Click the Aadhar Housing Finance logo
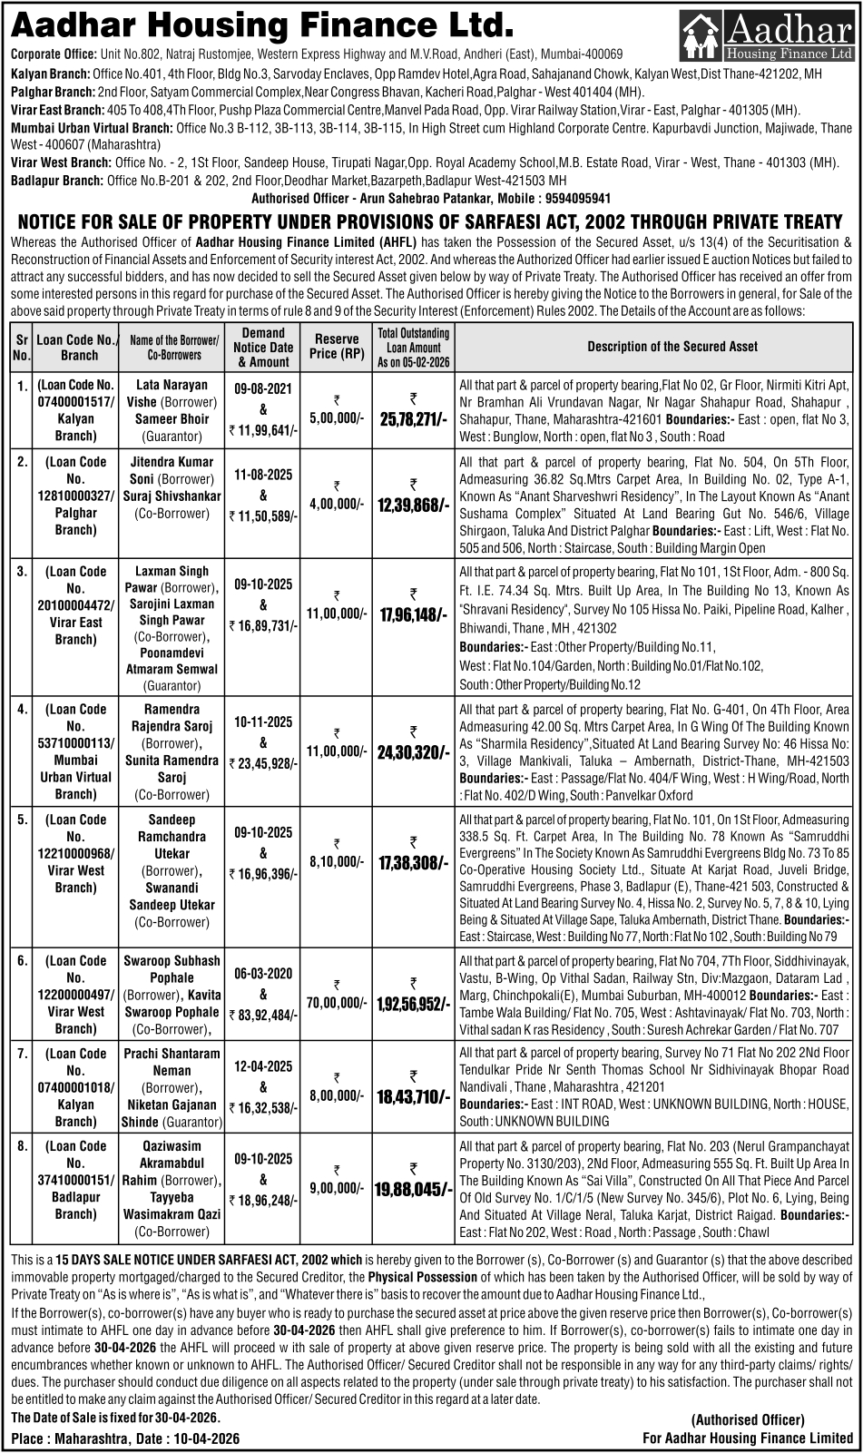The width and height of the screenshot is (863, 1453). pos(767,36)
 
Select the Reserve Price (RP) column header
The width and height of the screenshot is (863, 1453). pos(337,346)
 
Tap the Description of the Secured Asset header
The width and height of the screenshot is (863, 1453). pos(672,346)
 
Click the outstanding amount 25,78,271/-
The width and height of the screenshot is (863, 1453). pos(414,419)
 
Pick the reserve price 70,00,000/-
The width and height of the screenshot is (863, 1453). pos(337,1003)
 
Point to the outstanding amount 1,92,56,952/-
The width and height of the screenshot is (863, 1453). pos(414,1004)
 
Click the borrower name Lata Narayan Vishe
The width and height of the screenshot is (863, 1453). pos(172,393)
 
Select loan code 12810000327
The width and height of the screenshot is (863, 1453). pos(75,496)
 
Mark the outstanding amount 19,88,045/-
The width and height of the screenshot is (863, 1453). pos(414,1189)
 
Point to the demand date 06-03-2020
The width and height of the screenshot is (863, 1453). pos(263,974)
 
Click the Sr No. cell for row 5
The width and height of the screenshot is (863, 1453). pos(22,820)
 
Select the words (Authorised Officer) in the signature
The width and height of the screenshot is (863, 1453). pos(748,1420)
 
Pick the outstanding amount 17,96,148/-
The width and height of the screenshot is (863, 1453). pos(414,615)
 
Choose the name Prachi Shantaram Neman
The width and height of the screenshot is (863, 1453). pos(172,1062)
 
